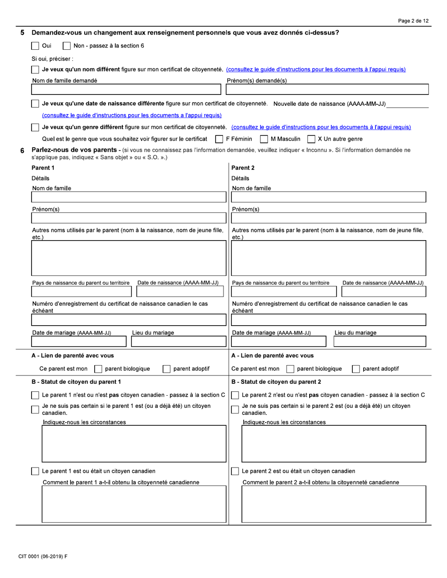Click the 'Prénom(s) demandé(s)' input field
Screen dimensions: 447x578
[327, 89]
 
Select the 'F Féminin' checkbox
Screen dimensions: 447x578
[218, 139]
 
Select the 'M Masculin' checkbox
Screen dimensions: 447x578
[263, 139]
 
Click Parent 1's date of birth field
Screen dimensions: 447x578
[180, 291]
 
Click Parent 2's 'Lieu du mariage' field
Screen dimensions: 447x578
[379, 342]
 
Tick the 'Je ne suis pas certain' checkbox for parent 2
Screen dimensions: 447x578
[236, 409]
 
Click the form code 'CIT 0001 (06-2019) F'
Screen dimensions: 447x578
[43, 557]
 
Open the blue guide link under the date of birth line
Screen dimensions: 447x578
[132, 116]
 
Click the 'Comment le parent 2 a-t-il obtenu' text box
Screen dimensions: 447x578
[334, 504]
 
